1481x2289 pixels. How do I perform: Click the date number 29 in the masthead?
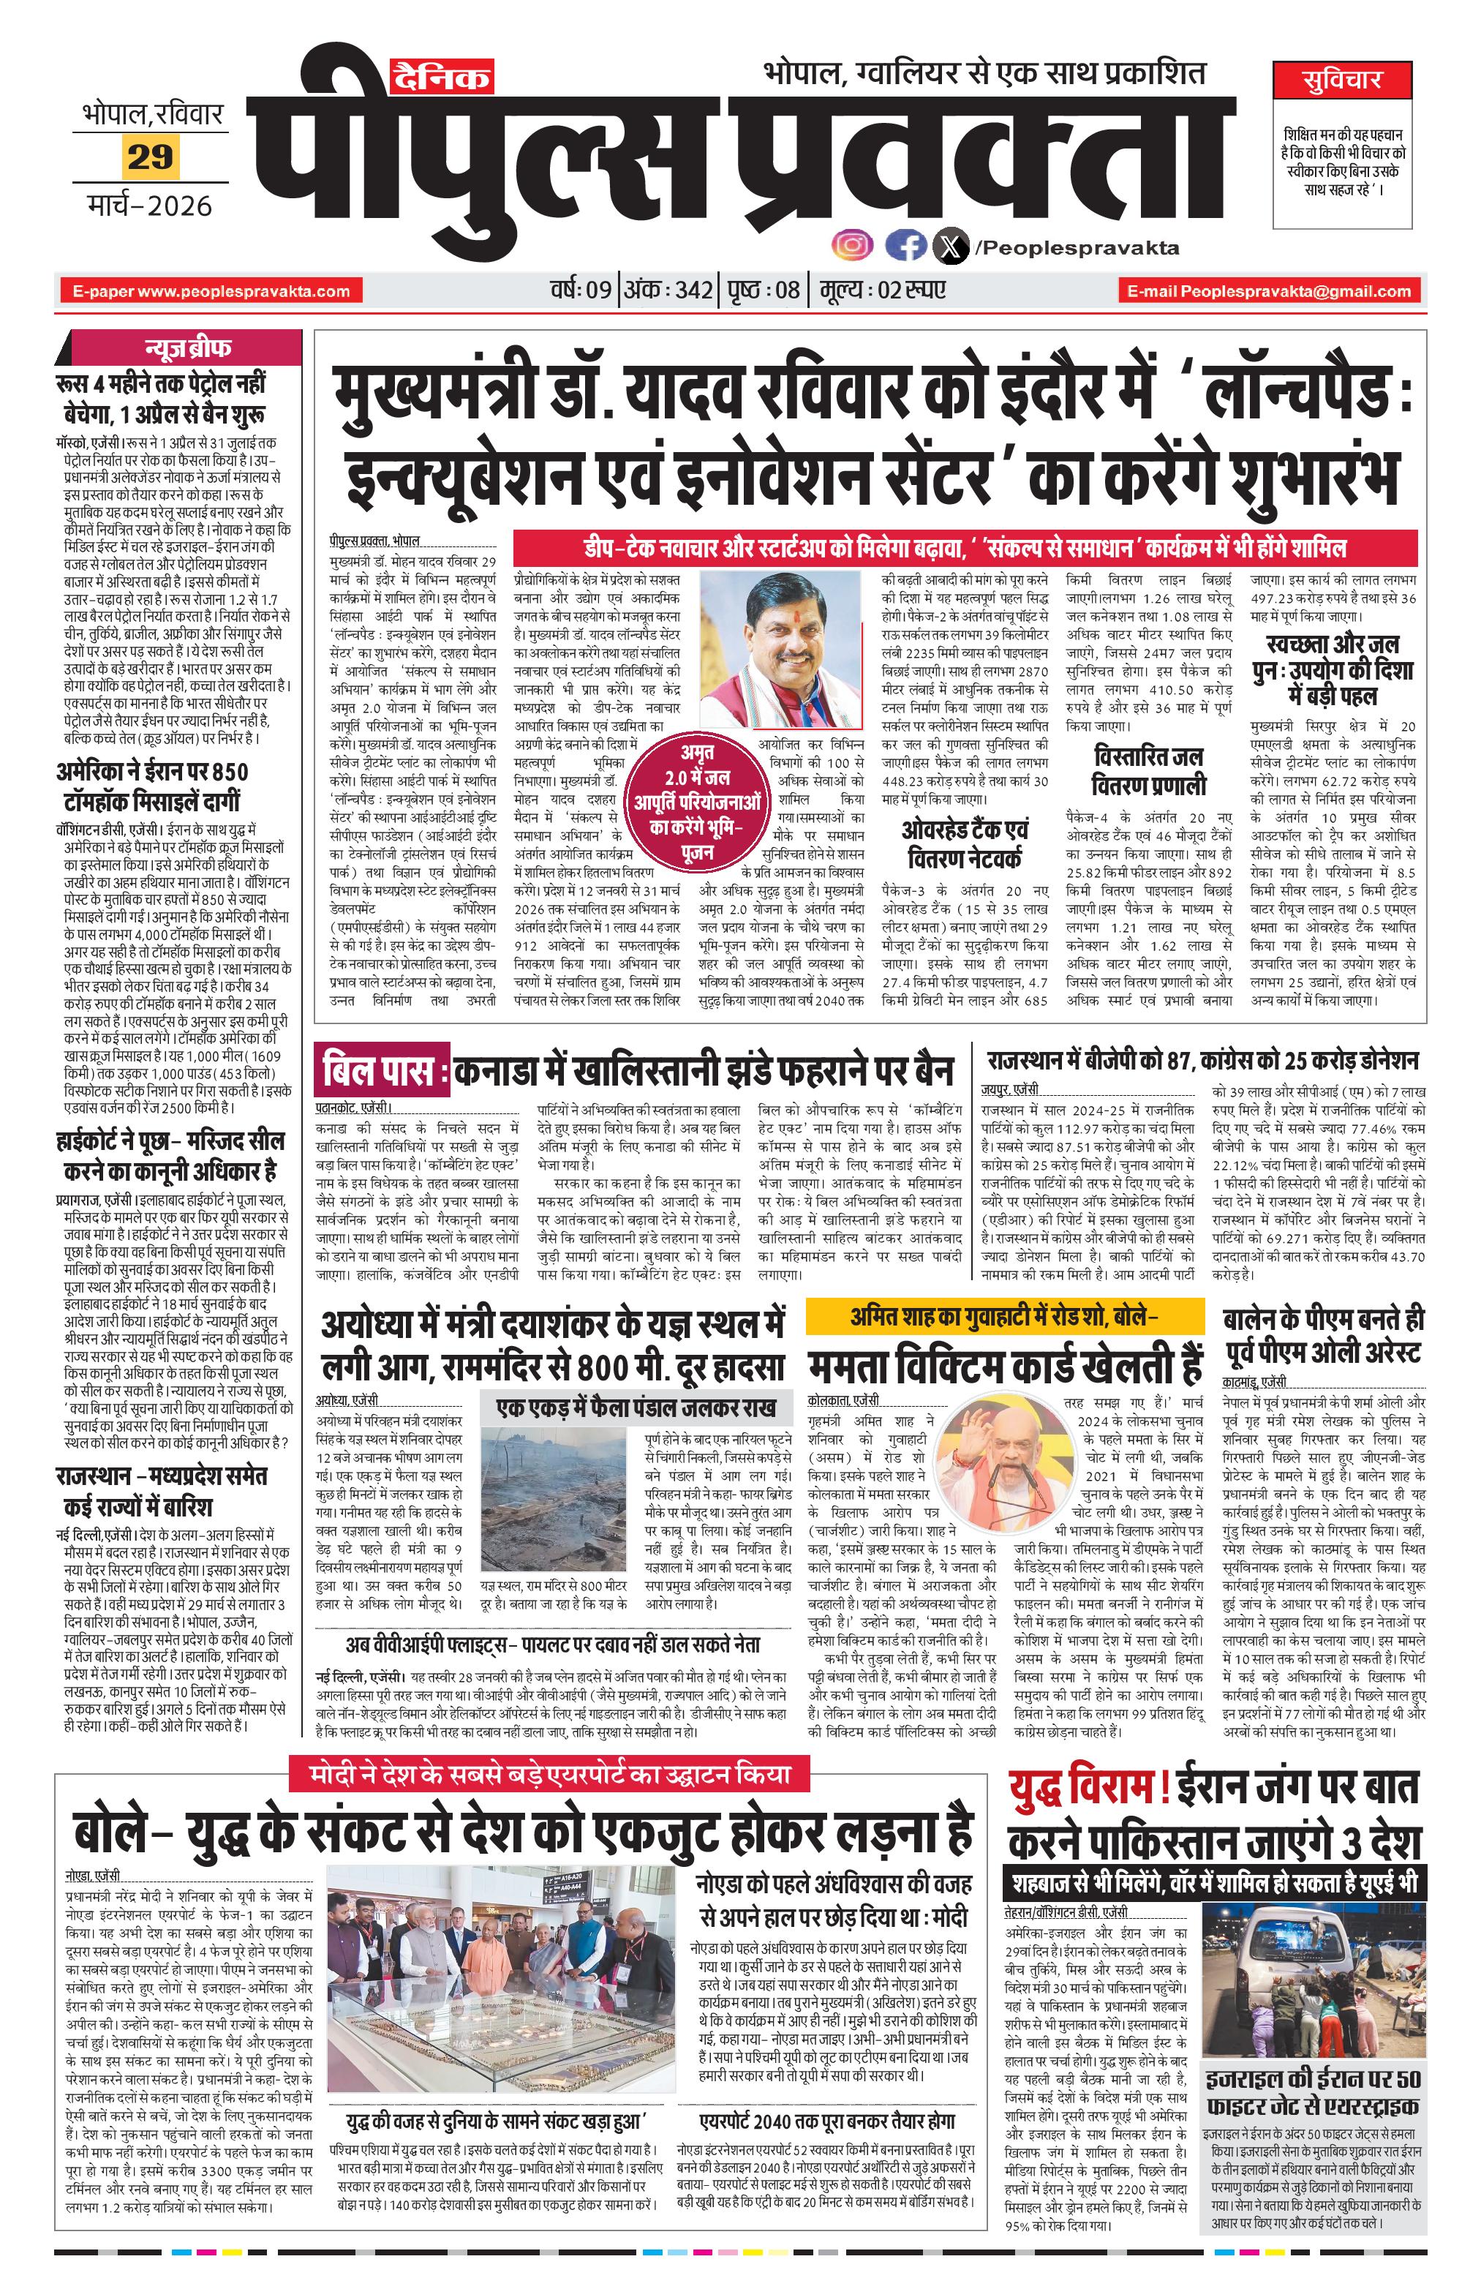click(x=150, y=156)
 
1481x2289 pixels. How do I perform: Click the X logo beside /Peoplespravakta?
click(x=951, y=248)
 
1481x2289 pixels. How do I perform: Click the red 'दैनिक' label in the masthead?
click(x=442, y=76)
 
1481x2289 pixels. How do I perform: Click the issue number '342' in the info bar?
click(x=694, y=290)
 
